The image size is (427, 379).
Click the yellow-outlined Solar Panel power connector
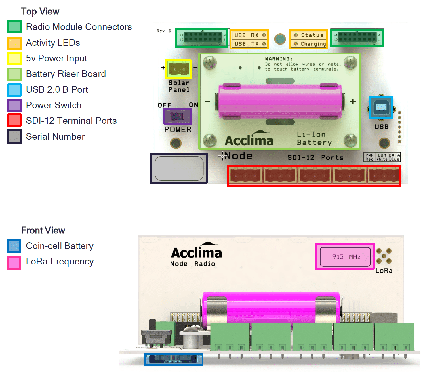pos(178,69)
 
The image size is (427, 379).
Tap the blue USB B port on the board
pos(381,107)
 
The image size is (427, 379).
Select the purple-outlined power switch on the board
pos(178,116)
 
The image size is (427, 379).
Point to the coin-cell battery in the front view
pos(174,359)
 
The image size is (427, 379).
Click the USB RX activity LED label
pos(249,35)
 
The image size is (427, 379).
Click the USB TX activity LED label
pos(249,44)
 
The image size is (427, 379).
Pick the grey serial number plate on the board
pos(179,168)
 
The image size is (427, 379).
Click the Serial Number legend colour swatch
pos(14,137)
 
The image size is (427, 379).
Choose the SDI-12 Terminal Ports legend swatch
pos(14,120)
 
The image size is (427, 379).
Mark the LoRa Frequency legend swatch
pos(14,263)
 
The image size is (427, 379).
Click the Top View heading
pos(40,11)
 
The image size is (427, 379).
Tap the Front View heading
pos(43,230)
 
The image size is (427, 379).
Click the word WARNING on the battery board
pos(279,59)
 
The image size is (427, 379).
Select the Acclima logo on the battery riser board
pos(249,139)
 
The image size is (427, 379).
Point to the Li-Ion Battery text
pos(314,138)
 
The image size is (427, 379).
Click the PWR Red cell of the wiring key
pos(369,157)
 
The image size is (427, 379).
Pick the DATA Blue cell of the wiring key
pos(394,157)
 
